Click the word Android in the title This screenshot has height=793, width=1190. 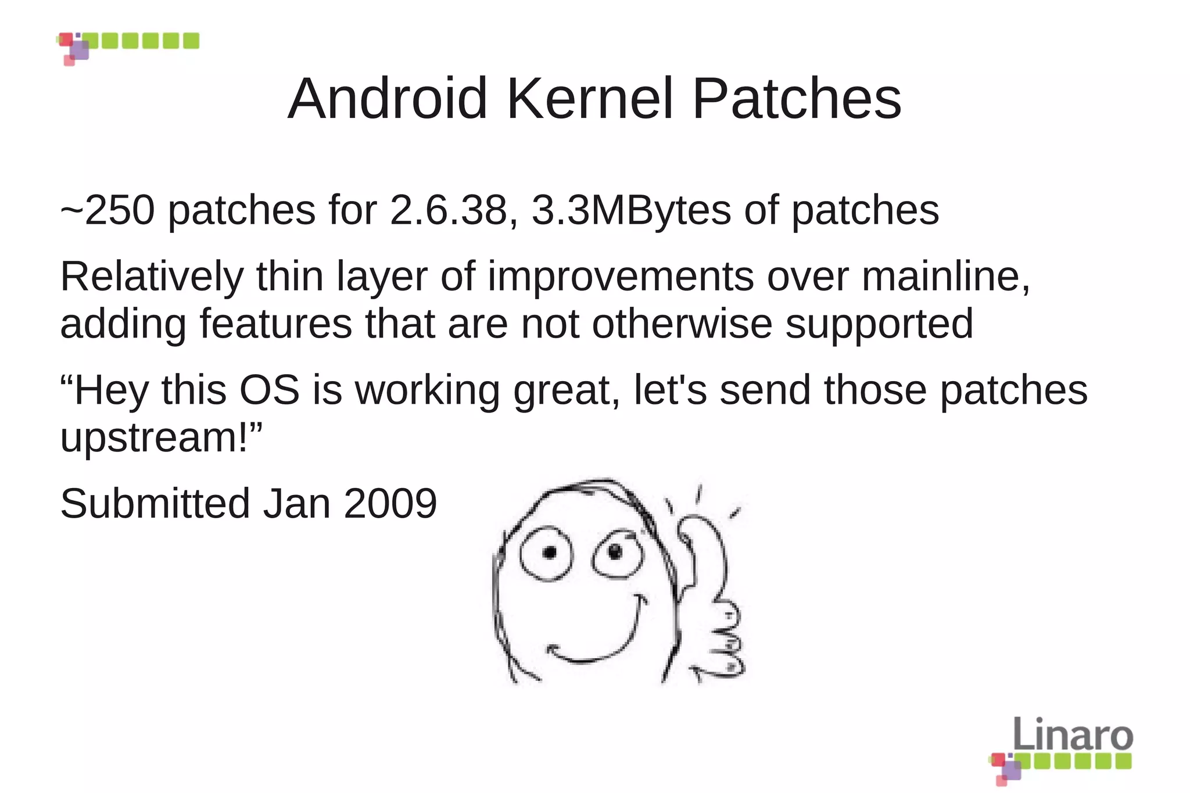point(388,99)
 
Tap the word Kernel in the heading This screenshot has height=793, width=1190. point(590,99)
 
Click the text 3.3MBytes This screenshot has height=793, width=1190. point(632,210)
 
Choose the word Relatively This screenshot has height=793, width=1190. point(152,277)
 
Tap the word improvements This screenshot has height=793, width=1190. point(621,277)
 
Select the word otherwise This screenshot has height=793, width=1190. point(682,324)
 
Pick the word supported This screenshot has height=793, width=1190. point(879,324)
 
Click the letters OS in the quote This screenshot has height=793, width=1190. point(270,390)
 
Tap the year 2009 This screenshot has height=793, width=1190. point(390,503)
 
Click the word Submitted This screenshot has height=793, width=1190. point(155,503)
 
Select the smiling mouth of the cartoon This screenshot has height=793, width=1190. point(593,645)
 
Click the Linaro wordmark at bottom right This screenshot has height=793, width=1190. point(1073,735)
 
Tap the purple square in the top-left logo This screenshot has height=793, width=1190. point(81,50)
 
